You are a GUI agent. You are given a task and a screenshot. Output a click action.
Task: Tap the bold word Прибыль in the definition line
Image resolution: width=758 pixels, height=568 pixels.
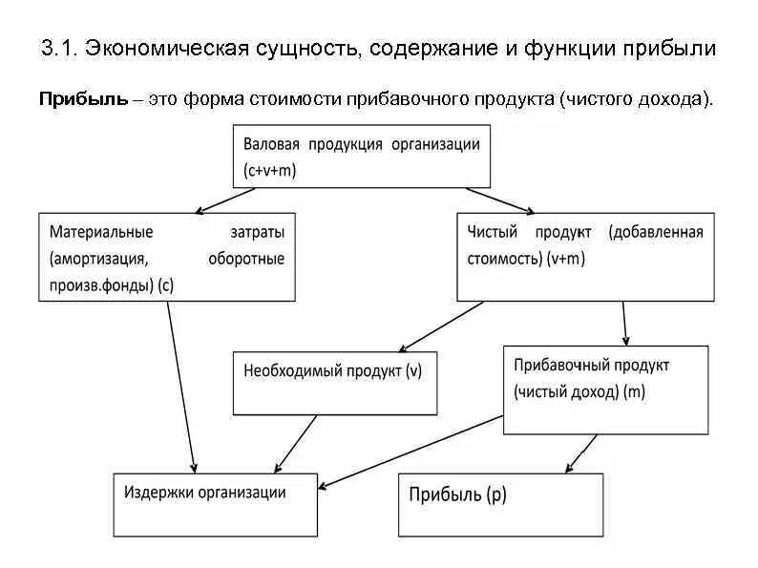[83, 99]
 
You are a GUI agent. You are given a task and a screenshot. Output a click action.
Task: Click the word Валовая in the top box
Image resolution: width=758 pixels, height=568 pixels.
[272, 144]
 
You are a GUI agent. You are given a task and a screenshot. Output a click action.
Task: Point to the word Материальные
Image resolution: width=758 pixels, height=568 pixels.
[101, 232]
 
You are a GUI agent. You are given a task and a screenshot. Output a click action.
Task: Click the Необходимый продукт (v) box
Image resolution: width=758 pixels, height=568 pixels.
[334, 382]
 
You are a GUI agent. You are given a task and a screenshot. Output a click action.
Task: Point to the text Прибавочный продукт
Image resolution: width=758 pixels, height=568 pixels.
[591, 366]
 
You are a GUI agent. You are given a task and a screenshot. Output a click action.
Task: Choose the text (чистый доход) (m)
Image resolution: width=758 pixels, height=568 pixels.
[579, 392]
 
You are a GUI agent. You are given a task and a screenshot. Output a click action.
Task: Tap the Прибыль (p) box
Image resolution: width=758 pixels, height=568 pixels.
[500, 504]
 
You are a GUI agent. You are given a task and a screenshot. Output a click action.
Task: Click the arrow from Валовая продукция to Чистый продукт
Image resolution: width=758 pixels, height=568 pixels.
[500, 199]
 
